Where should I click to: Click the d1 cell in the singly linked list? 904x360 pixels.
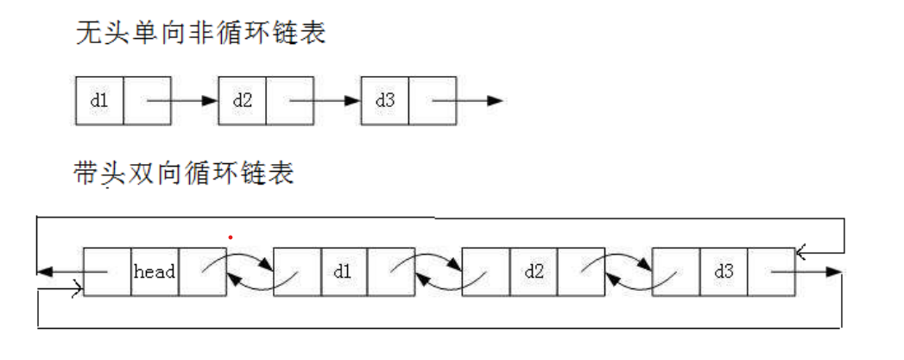pyautogui.click(x=99, y=101)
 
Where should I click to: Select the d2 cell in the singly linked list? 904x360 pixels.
pyautogui.click(x=242, y=101)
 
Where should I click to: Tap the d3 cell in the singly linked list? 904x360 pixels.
pyautogui.click(x=384, y=101)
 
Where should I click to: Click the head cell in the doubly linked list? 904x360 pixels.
pyautogui.click(x=155, y=272)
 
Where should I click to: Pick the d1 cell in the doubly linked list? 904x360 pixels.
pyautogui.click(x=343, y=272)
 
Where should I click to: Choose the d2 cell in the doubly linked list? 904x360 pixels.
pyautogui.click(x=534, y=272)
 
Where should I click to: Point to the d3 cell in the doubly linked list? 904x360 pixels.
pyautogui.click(x=724, y=272)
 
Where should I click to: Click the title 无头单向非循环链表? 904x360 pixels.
pyautogui.click(x=200, y=35)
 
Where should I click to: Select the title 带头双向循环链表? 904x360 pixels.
pyautogui.click(x=185, y=174)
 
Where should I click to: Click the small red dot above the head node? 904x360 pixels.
pyautogui.click(x=230, y=237)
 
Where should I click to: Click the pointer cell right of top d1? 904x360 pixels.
pyautogui.click(x=148, y=101)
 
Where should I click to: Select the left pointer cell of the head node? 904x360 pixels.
pyautogui.click(x=107, y=272)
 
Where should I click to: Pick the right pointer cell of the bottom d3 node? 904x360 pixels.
pyautogui.click(x=770, y=272)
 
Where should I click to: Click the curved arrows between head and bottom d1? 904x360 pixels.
pyautogui.click(x=250, y=271)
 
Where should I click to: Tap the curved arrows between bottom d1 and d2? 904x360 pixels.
pyautogui.click(x=439, y=271)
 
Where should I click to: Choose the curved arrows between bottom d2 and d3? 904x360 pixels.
pyautogui.click(x=629, y=271)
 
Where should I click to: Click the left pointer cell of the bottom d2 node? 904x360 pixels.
pyautogui.click(x=486, y=272)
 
